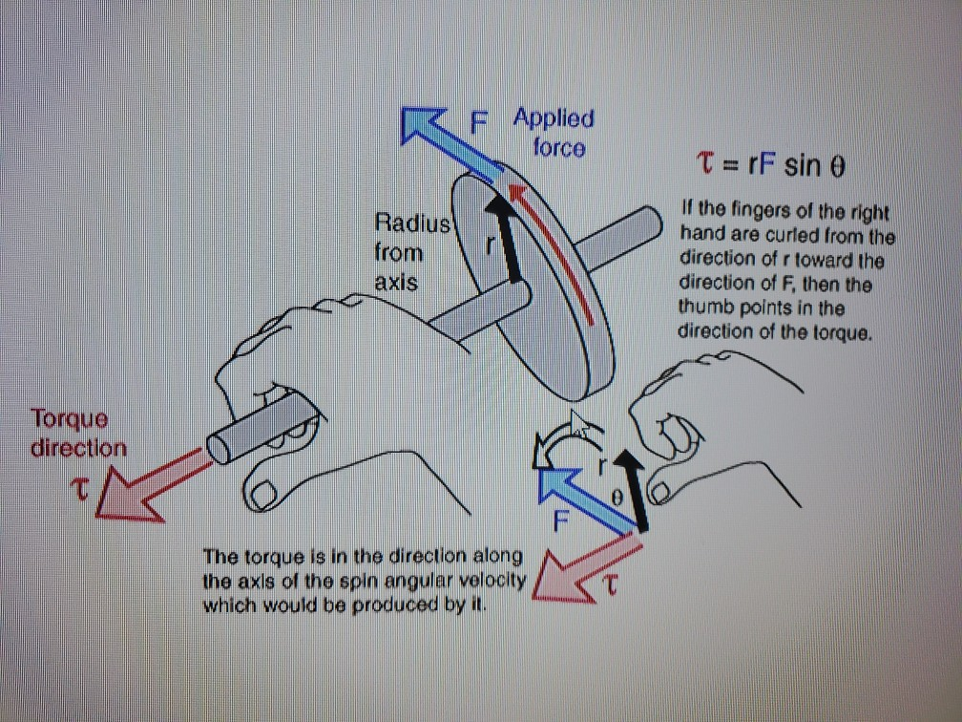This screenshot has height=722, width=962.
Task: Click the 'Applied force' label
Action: click(554, 133)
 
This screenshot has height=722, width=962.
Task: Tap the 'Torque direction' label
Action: click(78, 433)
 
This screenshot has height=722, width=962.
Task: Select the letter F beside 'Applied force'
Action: click(480, 121)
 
